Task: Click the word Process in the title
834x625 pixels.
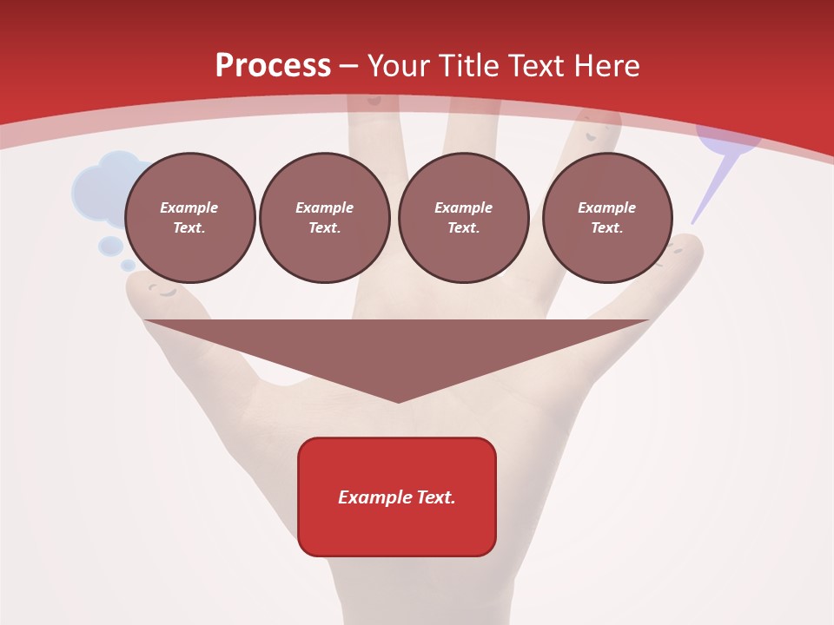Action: click(x=273, y=66)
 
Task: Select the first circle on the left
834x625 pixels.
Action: click(x=189, y=218)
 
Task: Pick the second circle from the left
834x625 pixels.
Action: click(x=324, y=218)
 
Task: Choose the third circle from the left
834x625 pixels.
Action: click(x=463, y=218)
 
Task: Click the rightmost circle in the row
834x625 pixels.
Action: click(x=606, y=218)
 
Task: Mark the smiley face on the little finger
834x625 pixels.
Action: click(x=675, y=253)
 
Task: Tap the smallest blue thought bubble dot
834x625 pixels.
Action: click(x=128, y=265)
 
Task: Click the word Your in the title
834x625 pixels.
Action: click(x=400, y=66)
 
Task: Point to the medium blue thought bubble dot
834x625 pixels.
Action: click(x=110, y=246)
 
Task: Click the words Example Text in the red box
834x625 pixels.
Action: click(x=397, y=497)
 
